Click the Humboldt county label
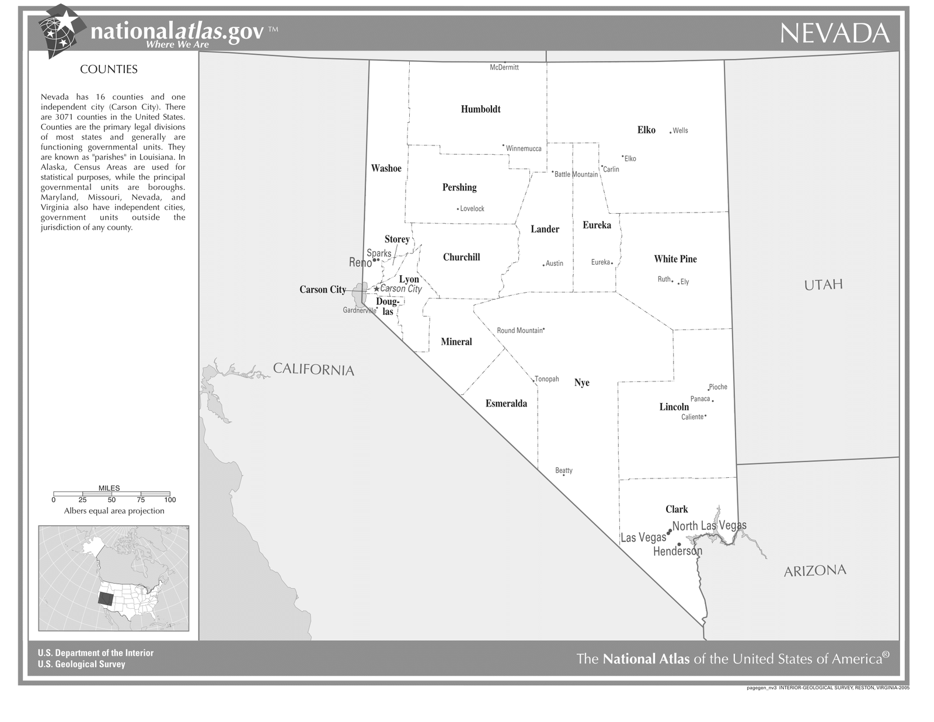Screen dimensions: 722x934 [x=480, y=109]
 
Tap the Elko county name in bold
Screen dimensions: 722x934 [x=646, y=130]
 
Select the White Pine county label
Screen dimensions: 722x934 [x=675, y=259]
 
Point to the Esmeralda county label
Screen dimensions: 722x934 [x=506, y=404]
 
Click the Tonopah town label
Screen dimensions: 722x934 [x=547, y=379]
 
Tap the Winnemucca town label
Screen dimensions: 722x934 [x=524, y=148]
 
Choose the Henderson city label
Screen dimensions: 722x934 [x=677, y=551]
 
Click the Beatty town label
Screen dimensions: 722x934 [x=564, y=470]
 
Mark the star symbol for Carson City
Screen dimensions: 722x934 [x=377, y=289]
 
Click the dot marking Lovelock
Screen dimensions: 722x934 [x=458, y=209]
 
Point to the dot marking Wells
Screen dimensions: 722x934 [x=670, y=133]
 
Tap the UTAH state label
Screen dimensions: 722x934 [x=823, y=285]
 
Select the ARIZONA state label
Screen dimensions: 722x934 [x=815, y=571]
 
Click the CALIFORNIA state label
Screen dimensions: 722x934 [x=313, y=369]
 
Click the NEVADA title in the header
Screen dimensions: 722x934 [x=834, y=33]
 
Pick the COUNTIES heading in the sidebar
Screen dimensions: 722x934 [x=109, y=70]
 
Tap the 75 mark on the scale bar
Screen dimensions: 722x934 [x=141, y=499]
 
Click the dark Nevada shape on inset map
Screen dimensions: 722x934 [x=106, y=599]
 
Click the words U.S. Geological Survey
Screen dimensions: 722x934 [x=81, y=664]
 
